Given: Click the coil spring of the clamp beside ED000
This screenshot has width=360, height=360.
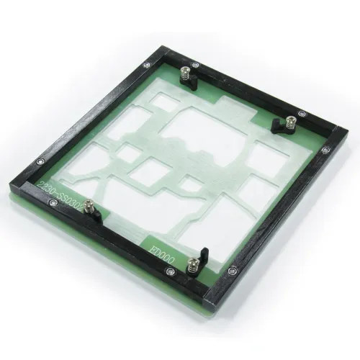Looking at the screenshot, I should click(193, 268).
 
